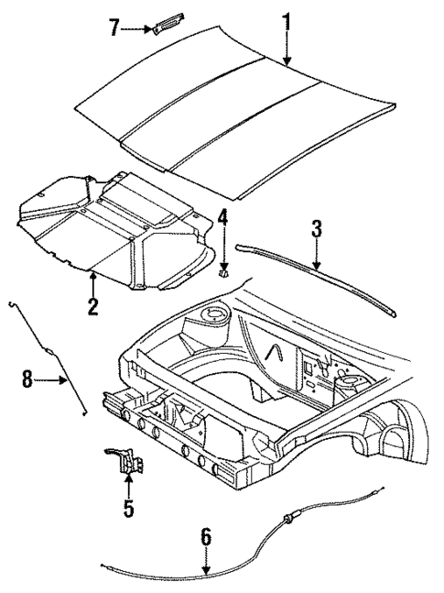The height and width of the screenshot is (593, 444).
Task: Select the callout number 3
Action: click(x=316, y=228)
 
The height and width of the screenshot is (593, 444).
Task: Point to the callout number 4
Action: click(x=222, y=220)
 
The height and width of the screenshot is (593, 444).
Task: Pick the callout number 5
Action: click(x=128, y=507)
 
